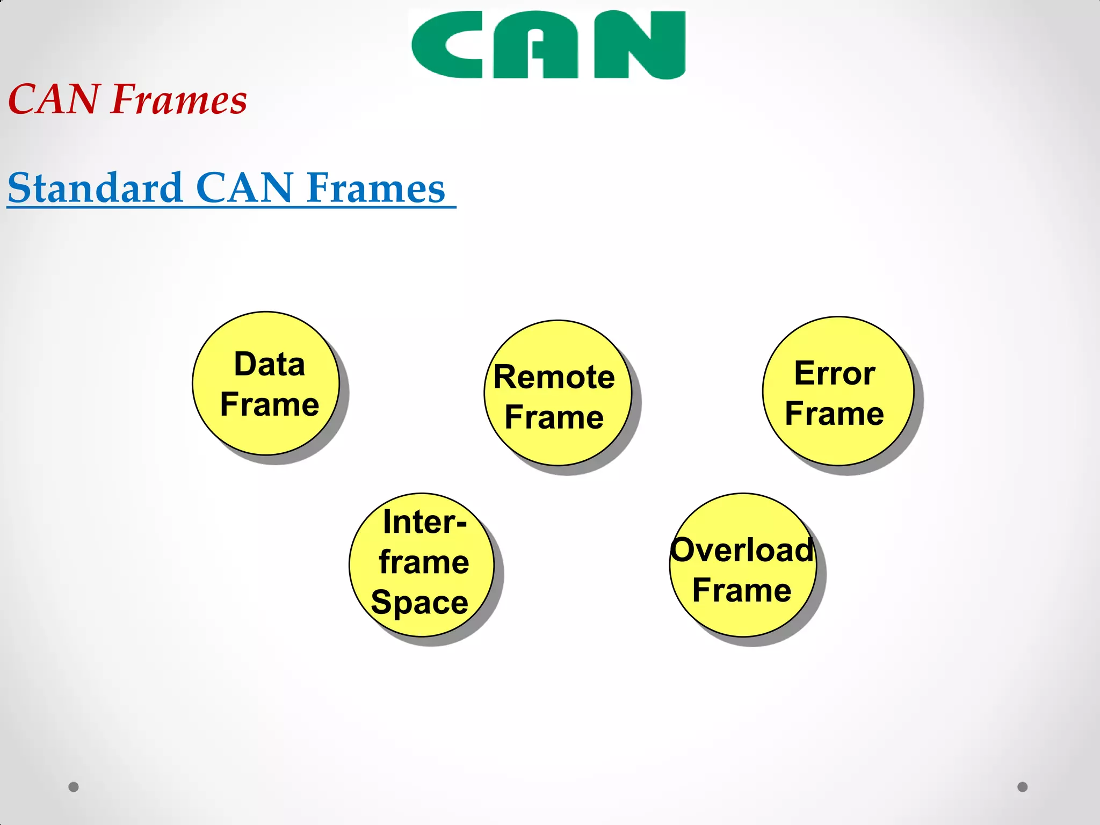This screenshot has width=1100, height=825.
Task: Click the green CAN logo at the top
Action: point(548,45)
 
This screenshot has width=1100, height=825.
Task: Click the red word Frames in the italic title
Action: point(179,100)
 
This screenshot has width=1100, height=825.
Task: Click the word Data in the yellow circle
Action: point(270,364)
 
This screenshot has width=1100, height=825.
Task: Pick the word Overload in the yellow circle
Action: point(742,550)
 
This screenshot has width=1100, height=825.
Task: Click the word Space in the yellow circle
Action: point(419,602)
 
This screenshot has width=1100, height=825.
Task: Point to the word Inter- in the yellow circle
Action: point(424,522)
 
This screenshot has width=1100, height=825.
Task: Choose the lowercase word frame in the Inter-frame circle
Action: point(424,562)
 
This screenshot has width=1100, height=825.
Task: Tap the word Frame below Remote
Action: point(554,417)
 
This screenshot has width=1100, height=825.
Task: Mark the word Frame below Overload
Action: point(742,590)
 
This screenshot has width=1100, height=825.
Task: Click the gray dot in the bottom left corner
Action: point(74,787)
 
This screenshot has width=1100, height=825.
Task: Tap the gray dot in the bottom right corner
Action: point(1023,787)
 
